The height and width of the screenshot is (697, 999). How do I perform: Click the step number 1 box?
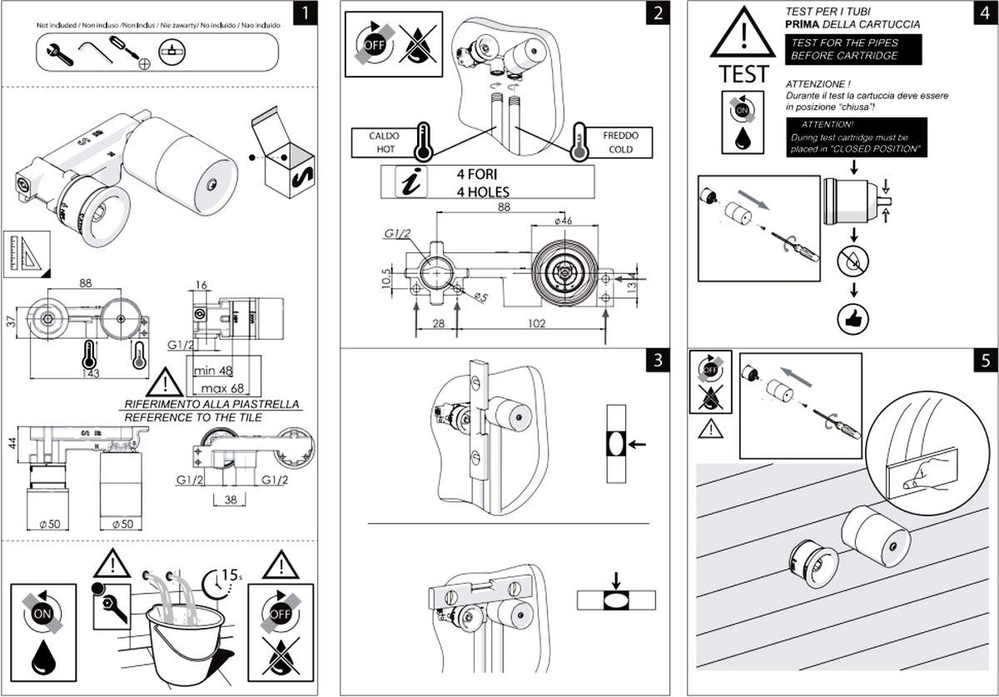click(x=306, y=14)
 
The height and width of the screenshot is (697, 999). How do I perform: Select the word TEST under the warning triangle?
click(x=743, y=73)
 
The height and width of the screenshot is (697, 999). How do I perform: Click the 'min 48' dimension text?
click(x=213, y=369)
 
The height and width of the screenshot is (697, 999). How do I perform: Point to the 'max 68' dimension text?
click(x=213, y=388)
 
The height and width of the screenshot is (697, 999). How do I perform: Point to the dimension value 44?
click(x=10, y=443)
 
